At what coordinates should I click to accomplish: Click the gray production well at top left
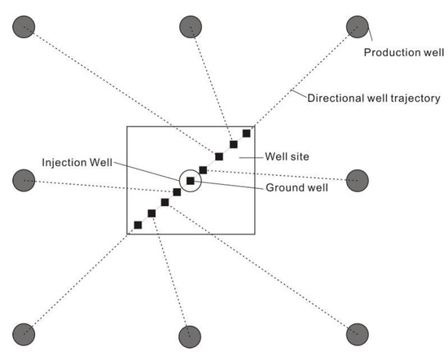tap(24, 27)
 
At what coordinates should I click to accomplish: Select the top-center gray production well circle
tap(190, 27)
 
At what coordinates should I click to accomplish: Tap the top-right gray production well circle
tap(357, 27)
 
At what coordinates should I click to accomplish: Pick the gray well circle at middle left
tap(24, 180)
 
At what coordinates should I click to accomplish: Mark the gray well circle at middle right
tap(357, 181)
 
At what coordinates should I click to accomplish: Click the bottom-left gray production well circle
tap(24, 333)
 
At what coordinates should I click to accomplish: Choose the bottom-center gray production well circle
tap(190, 335)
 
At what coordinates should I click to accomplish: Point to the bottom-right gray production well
tap(357, 333)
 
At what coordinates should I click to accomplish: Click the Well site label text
tap(286, 156)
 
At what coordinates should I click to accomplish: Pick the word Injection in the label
tap(62, 162)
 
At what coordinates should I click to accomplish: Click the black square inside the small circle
tap(191, 181)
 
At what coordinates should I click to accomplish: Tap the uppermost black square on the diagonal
tap(248, 133)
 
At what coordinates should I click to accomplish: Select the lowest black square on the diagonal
tap(138, 224)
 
